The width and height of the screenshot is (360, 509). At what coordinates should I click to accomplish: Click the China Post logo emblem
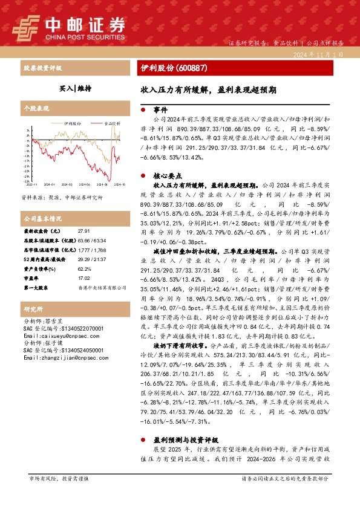point(27,25)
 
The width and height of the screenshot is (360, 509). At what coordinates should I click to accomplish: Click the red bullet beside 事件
point(143,111)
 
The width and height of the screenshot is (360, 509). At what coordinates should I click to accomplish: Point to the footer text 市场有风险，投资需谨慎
point(58,495)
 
